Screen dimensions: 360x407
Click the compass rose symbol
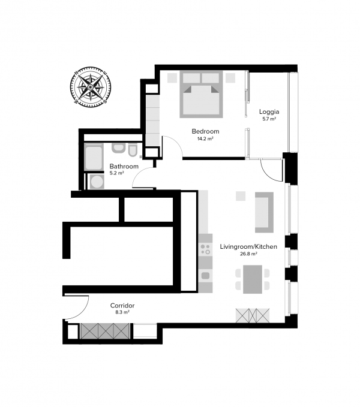pos(91,87)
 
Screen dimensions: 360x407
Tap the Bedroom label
pos(205,131)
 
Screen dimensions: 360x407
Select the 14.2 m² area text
pos(205,138)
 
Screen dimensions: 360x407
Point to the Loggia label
pos(269,112)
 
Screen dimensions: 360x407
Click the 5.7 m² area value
pos(269,119)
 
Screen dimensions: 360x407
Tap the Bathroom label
pos(124,166)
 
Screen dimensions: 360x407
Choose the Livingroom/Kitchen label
pos(248,246)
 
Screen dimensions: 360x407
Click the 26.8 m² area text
pos(248,254)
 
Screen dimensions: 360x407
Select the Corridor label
pos(122,306)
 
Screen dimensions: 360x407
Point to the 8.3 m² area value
pos(122,312)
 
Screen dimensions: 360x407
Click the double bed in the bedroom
pos(202,94)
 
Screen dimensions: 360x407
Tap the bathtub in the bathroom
pos(94,158)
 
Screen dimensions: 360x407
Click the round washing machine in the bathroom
pos(97,182)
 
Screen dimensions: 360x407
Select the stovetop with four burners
pos(205,249)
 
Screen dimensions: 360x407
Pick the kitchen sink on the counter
pos(205,275)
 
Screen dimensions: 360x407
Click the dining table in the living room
pos(253,279)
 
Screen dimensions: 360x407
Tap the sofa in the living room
pos(265,212)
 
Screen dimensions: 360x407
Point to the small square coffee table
pos(241,196)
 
